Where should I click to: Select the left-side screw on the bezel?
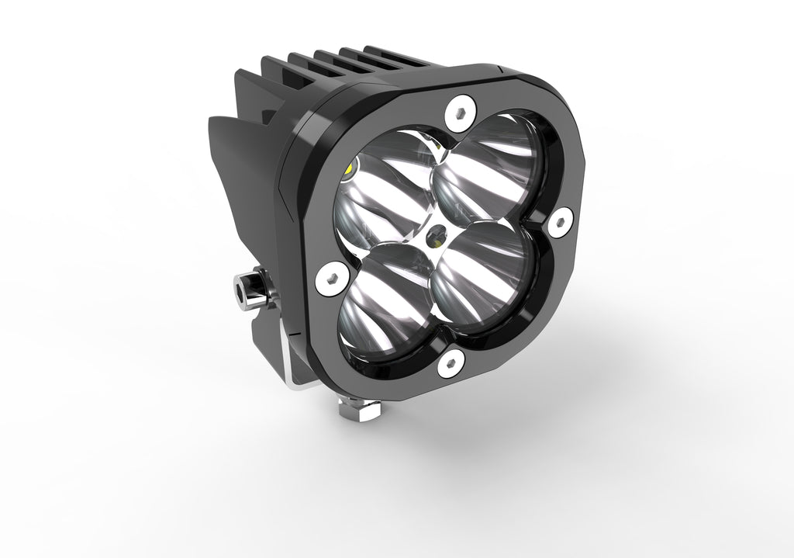click(x=331, y=279)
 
